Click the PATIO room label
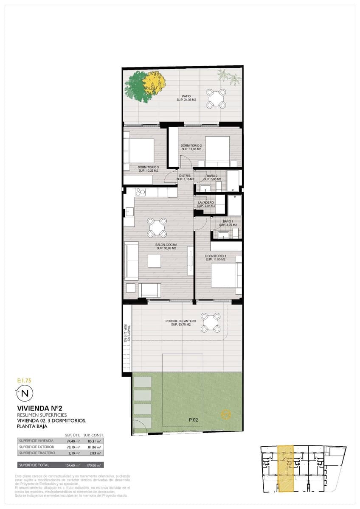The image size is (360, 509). point(186,96)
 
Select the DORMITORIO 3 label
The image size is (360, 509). point(148,168)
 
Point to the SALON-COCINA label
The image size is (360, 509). point(166,245)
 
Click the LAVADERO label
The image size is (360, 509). point(206,203)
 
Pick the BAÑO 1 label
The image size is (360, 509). point(228,222)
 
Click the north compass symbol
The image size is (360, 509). point(24,393)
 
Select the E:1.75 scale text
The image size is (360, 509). point(24,380)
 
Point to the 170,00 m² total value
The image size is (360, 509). point(93,465)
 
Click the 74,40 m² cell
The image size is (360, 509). point(71,441)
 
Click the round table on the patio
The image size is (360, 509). point(217,99)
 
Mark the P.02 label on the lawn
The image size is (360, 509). point(194,420)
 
